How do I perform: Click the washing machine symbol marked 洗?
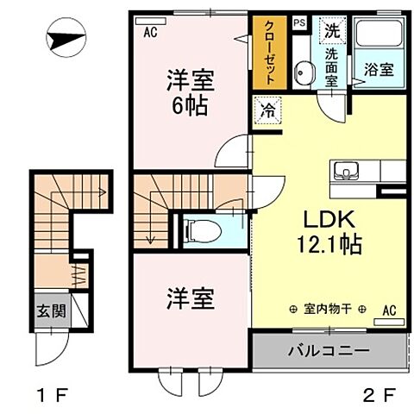[x=331, y=28]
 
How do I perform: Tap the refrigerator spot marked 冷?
[x=266, y=110]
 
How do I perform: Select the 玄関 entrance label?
[x=48, y=310]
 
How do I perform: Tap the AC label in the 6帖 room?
[x=150, y=33]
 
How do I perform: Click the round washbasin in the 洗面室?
[x=303, y=71]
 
